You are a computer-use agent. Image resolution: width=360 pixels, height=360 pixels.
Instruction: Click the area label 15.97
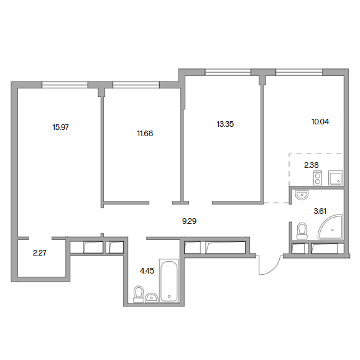(x=60, y=127)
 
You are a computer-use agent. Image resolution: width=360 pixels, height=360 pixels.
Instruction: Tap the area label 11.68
(x=145, y=134)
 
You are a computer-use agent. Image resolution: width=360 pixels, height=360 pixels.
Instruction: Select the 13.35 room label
(x=225, y=124)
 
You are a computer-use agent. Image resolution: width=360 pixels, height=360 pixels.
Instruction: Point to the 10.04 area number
(x=320, y=122)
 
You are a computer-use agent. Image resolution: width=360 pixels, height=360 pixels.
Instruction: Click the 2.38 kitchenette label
(x=312, y=165)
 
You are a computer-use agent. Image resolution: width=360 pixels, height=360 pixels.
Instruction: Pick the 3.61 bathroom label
(x=320, y=211)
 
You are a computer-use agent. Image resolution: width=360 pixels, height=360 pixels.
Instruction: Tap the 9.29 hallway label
(x=189, y=221)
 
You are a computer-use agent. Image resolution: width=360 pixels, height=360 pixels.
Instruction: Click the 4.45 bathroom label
(x=147, y=271)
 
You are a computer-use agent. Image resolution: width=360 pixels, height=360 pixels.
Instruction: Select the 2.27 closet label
(x=40, y=253)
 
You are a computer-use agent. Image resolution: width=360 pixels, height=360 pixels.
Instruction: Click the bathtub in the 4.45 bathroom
(x=169, y=281)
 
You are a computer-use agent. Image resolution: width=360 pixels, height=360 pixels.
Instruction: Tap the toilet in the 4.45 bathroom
(x=139, y=294)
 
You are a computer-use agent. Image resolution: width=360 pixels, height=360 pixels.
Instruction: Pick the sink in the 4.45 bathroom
(x=152, y=298)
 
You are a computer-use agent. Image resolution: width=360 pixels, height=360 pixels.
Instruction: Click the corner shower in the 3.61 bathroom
(x=331, y=228)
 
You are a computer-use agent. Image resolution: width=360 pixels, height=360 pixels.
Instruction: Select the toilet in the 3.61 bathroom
(x=302, y=231)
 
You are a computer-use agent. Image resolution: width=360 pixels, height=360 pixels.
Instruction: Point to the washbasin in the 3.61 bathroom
(x=302, y=195)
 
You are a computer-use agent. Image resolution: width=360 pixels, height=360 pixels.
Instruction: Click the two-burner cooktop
(x=318, y=178)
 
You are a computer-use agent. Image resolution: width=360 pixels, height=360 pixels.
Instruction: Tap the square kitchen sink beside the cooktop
(x=336, y=178)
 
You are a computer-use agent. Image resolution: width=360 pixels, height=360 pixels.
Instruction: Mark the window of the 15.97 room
(x=65, y=85)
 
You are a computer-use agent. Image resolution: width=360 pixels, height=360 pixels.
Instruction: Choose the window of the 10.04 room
(x=299, y=72)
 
